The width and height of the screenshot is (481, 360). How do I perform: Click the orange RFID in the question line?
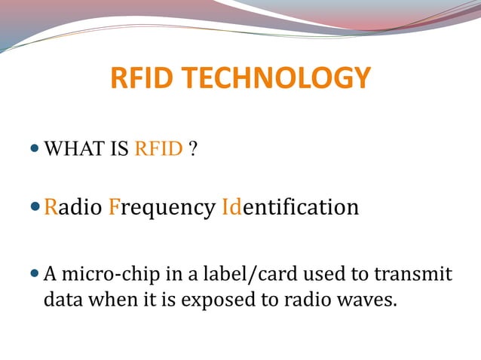coord(158,148)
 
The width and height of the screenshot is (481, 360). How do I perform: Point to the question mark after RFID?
coord(194,148)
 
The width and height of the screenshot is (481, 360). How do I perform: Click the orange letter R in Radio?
coord(51,206)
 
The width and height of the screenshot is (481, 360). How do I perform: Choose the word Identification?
coord(290,206)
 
